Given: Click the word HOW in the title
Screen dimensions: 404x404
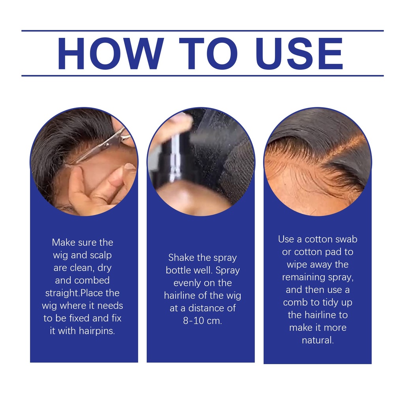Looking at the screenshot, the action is tap(111, 54).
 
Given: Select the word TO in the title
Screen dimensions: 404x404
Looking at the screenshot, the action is tap(208, 54).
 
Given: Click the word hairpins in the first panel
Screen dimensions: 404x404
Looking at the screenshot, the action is tap(97, 331).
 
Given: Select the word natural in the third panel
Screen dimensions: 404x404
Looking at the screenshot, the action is tap(318, 340).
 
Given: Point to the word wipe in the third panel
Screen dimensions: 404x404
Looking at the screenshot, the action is tap(297, 265).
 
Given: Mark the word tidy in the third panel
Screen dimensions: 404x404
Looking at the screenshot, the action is tap(329, 303).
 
